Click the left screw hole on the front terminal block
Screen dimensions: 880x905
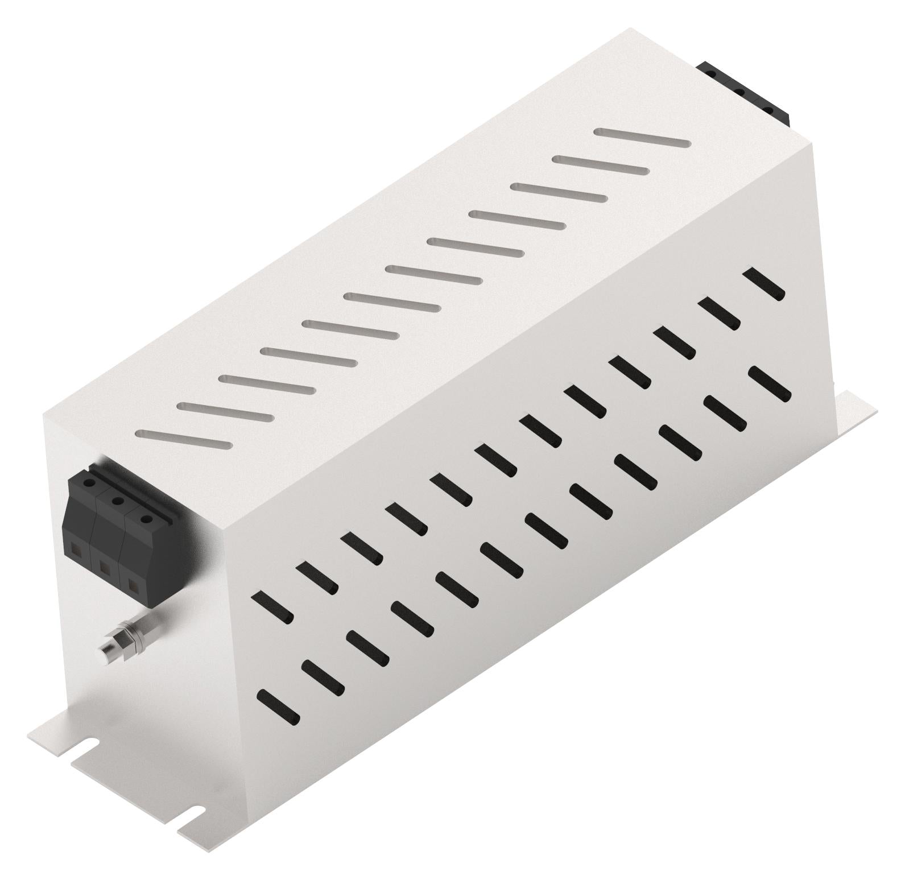tap(89, 482)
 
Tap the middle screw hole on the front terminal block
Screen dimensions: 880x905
tap(117, 501)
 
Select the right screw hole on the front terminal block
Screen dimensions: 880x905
tap(146, 518)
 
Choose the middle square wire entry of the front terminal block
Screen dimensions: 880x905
tap(104, 566)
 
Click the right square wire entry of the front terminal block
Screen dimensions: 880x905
tap(133, 584)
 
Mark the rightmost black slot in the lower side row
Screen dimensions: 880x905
tap(771, 383)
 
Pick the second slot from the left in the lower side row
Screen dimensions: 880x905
tap(323, 675)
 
